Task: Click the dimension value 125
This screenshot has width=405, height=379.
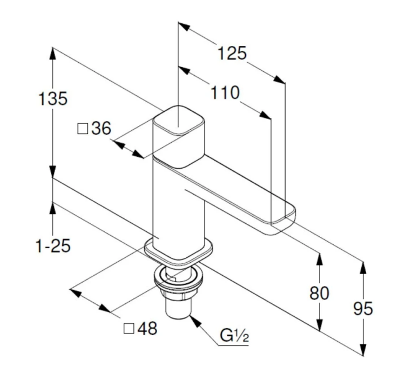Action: coord(232,54)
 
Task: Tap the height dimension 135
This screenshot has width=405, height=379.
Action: coord(52,99)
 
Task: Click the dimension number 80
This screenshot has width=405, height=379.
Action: coord(320,293)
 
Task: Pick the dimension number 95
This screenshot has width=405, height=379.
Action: coord(363,309)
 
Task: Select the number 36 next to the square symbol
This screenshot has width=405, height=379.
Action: coord(101,129)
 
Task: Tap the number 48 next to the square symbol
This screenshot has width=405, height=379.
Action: coord(146,328)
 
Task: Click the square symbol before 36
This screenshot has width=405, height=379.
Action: coord(83,129)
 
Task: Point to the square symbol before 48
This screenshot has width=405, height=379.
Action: coord(129,328)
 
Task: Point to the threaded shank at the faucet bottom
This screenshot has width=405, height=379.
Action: coord(177,308)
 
